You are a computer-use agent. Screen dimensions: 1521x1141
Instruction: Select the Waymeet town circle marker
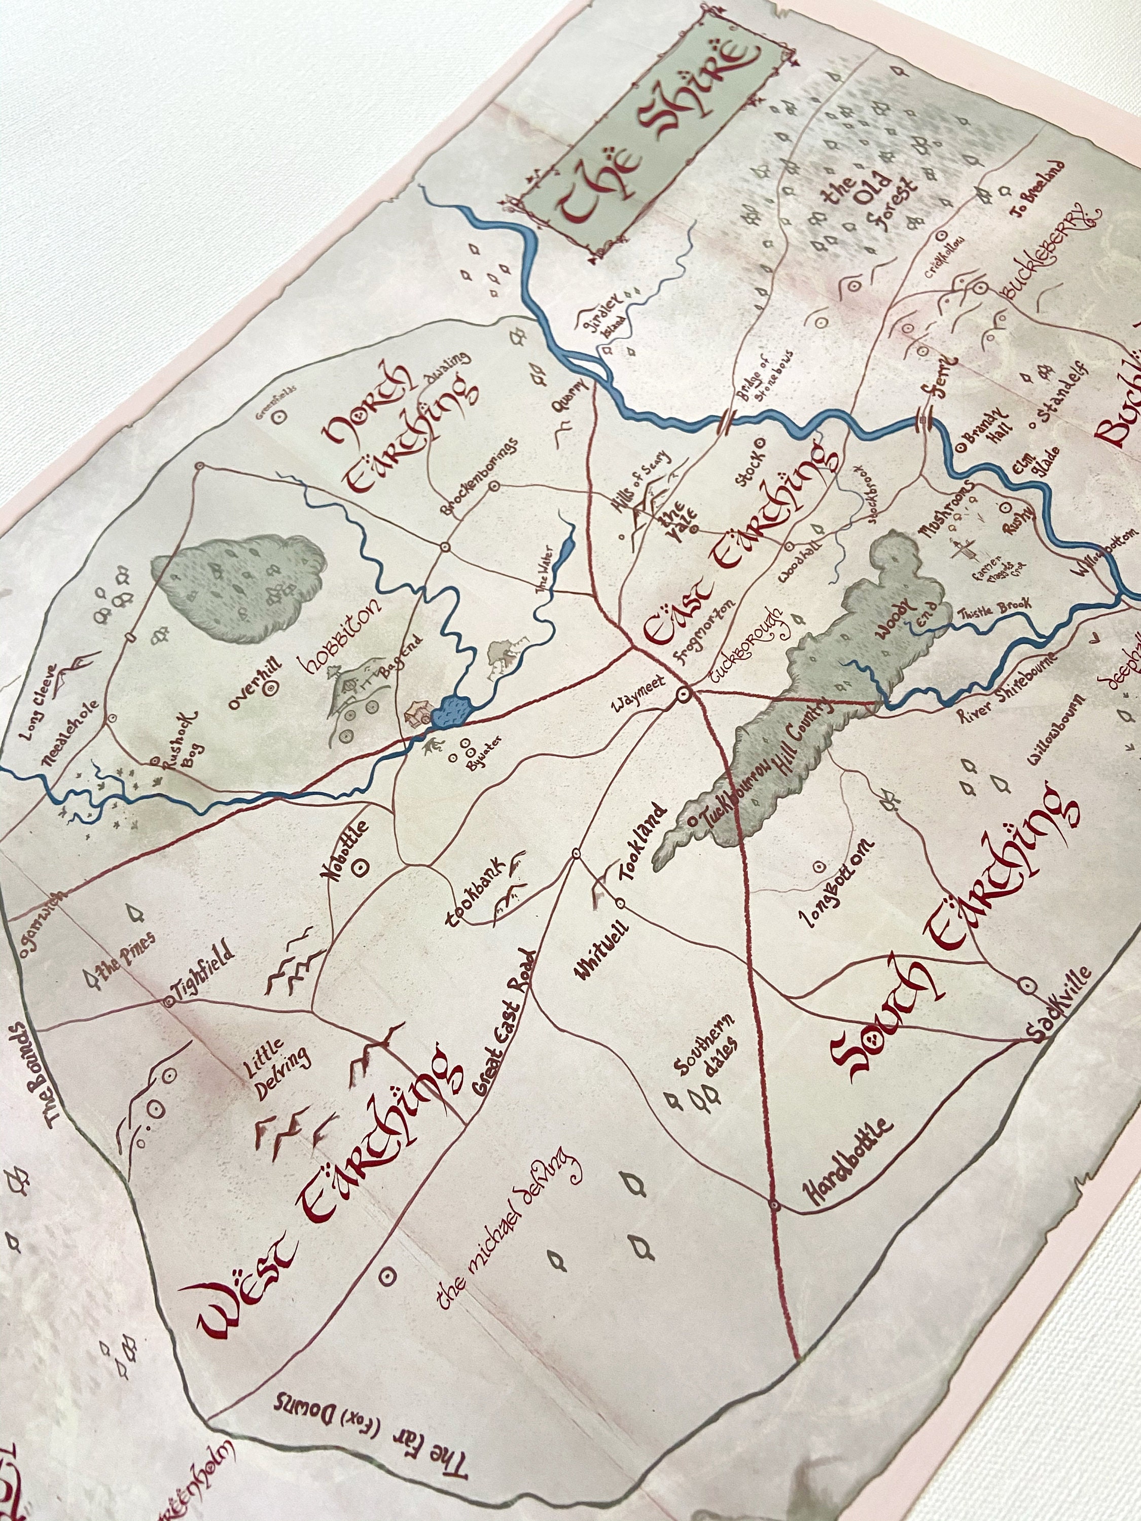[684, 695]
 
